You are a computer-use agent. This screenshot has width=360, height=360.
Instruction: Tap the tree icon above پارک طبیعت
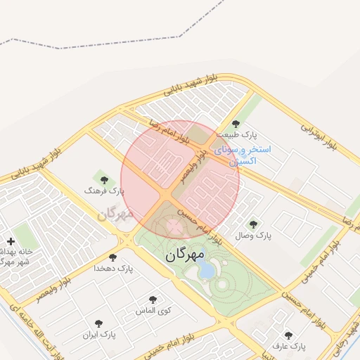point(245,124)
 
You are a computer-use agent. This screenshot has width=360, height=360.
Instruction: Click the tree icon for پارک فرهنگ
point(104,181)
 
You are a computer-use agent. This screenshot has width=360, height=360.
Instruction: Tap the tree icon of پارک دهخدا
point(113,258)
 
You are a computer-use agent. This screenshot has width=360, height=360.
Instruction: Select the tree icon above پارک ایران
point(98,323)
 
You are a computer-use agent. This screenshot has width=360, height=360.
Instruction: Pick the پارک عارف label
point(289,347)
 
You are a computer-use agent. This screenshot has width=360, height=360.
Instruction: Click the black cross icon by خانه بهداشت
point(11,241)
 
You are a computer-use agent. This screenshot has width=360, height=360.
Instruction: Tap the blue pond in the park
point(208,269)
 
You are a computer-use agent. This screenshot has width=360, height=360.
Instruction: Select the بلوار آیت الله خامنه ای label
point(35,335)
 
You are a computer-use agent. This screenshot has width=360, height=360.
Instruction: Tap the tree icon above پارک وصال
point(253,224)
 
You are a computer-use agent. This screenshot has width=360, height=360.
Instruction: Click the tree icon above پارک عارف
point(288,336)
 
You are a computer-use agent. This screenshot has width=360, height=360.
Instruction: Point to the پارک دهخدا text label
point(113,269)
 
